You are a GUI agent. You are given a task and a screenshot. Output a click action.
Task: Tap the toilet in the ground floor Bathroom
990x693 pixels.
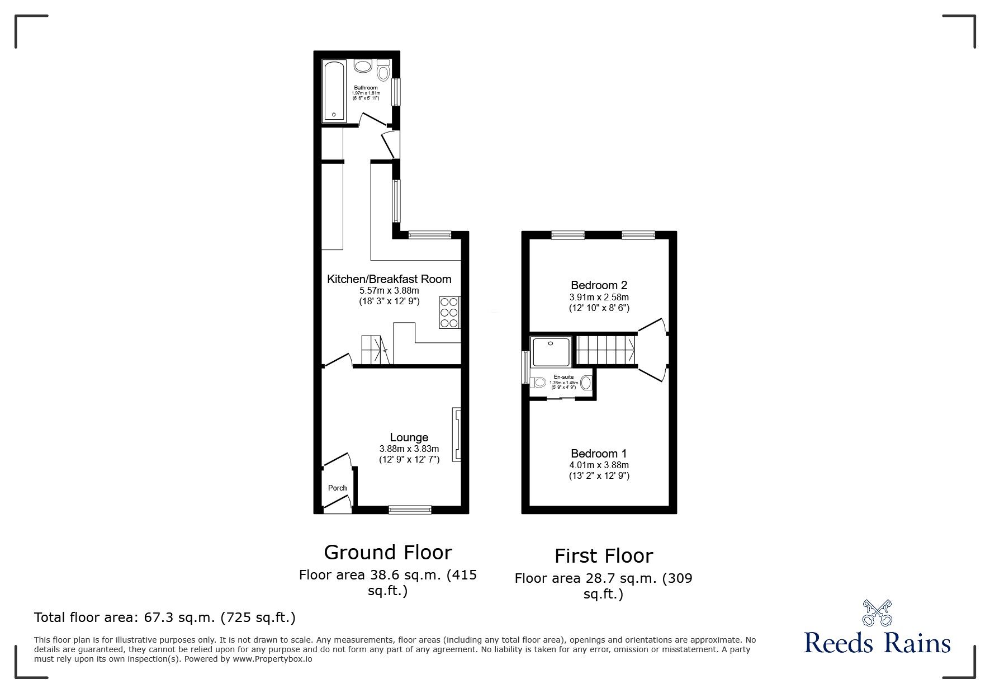tap(383, 71)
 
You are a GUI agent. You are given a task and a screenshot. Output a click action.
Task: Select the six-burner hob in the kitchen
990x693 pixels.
tap(449, 312)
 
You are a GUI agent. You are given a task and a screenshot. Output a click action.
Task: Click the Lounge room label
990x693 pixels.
tap(409, 437)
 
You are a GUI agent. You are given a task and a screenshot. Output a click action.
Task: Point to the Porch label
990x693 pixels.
tap(337, 488)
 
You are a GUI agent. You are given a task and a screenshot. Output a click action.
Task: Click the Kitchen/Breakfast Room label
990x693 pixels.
tap(389, 279)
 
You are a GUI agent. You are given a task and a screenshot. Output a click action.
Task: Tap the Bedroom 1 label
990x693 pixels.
tap(599, 454)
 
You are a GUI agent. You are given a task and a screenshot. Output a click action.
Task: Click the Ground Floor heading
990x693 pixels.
tap(388, 553)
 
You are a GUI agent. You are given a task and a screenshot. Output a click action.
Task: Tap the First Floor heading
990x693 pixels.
tap(604, 556)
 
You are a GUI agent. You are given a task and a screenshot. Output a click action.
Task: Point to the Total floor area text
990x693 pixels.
tap(165, 617)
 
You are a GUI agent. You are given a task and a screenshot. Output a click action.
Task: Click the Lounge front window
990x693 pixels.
tap(410, 509)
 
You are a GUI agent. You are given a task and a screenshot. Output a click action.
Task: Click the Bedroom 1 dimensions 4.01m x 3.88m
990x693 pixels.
tap(599, 465)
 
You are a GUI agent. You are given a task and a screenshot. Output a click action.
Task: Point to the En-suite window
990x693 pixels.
tap(525, 367)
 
